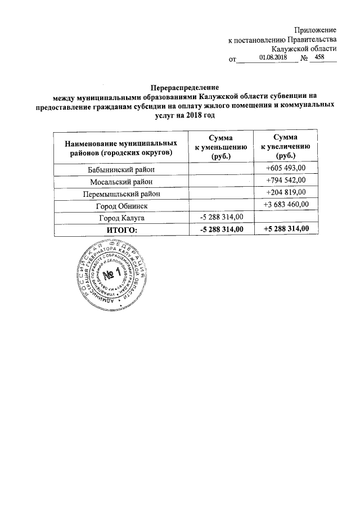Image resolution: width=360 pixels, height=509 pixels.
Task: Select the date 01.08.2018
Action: [x=273, y=58]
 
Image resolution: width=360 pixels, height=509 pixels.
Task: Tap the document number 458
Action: [x=321, y=57]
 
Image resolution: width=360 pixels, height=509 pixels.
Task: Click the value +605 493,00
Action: [x=285, y=169]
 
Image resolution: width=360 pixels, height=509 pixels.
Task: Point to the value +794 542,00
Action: [x=285, y=181]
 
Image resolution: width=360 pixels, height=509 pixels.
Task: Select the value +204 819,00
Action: [x=285, y=193]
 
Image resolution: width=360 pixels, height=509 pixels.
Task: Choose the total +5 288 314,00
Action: [x=285, y=229]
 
